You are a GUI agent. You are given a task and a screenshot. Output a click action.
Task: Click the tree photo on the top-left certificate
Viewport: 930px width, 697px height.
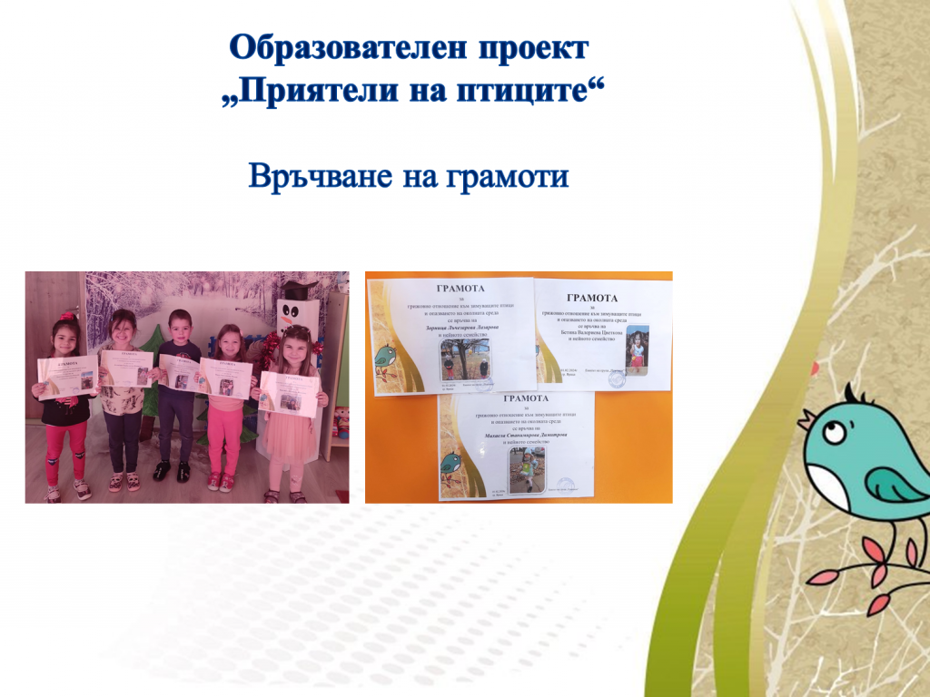click(465, 359)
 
